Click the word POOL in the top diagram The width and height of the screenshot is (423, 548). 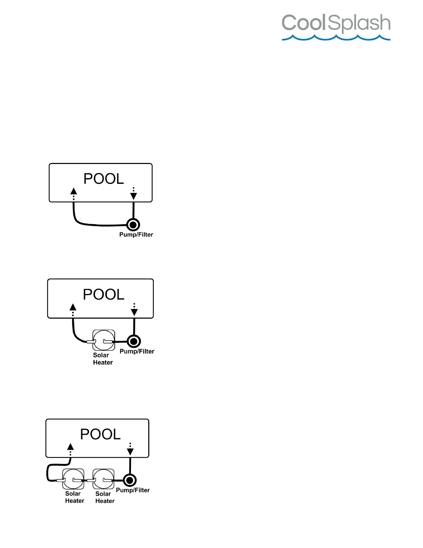point(104,179)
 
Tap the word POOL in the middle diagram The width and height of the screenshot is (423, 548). point(104,294)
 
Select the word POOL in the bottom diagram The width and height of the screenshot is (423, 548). point(101,434)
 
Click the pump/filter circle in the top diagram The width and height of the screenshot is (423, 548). point(133,225)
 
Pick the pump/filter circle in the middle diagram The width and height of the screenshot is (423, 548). point(134,341)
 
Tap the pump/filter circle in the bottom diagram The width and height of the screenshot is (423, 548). point(130,480)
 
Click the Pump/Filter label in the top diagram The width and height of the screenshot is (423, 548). point(136,235)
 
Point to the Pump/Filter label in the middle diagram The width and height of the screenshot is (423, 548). point(137,351)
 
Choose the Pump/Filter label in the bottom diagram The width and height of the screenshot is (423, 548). point(133,490)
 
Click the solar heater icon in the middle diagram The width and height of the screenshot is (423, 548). point(104,340)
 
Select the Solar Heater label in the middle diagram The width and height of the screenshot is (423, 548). point(103,359)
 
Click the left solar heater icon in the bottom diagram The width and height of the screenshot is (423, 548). point(73,479)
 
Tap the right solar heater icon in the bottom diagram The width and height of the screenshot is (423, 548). point(104,479)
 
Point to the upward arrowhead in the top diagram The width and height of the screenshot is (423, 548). point(74,191)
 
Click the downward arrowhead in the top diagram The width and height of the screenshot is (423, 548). point(133,196)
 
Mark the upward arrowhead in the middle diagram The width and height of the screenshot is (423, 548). point(73,307)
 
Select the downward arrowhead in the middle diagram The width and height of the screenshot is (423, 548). point(134,312)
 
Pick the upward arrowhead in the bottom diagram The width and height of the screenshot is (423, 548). point(70,446)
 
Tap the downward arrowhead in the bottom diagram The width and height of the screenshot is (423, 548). point(130,451)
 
